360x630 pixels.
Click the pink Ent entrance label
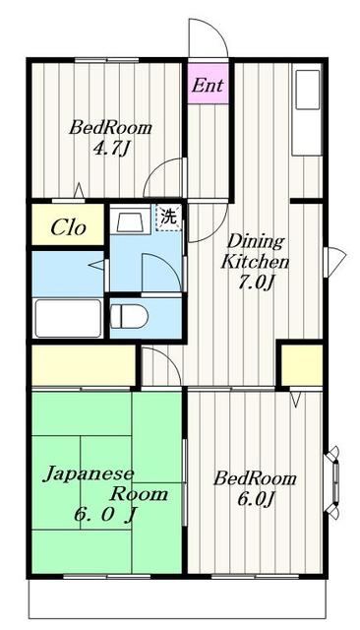pyautogui.click(x=207, y=86)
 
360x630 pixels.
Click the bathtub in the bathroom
pyautogui.click(x=67, y=318)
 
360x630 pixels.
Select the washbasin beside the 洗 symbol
pyautogui.click(x=130, y=220)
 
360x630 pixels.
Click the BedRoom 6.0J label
pyautogui.click(x=256, y=488)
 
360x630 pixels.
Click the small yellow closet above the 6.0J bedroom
pyautogui.click(x=300, y=365)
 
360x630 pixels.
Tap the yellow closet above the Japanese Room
pyautogui.click(x=84, y=366)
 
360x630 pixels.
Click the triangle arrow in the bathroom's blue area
pyautogui.click(x=96, y=264)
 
